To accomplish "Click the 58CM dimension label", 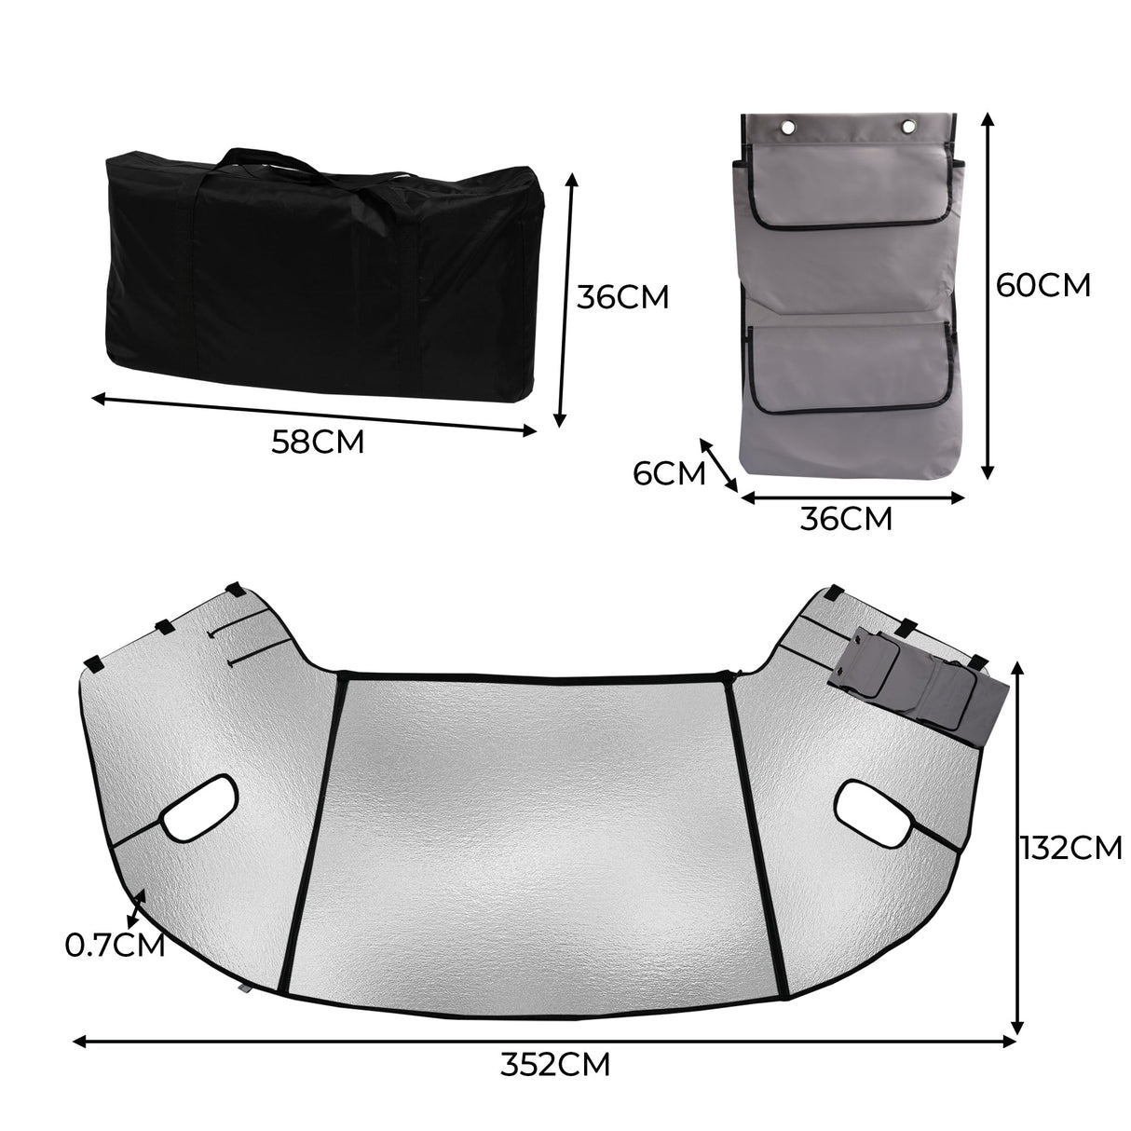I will coord(317,441).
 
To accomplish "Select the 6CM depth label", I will coord(668,473).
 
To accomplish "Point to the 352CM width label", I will coord(555,1064).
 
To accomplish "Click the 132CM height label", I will coord(1070,847).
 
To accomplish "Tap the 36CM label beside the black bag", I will coord(622,297).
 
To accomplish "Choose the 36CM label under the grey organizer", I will coord(846,518).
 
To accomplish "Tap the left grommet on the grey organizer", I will coord(789,126).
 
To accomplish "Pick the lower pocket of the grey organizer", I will coord(850,368).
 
